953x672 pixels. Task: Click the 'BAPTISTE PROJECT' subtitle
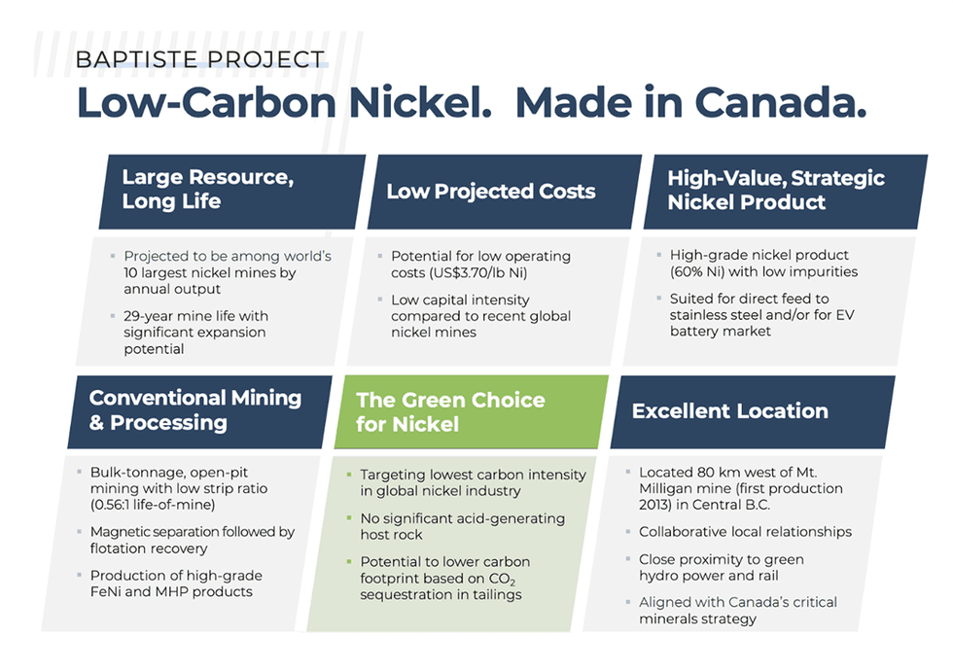tap(199, 59)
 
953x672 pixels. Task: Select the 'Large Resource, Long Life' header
tap(207, 190)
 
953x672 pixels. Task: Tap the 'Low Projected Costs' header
tap(490, 191)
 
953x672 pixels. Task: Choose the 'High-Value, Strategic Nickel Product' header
tap(775, 190)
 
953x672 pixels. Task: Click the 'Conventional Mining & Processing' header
tap(194, 409)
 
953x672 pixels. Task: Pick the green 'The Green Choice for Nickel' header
tap(449, 411)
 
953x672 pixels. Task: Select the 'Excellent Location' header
tap(729, 410)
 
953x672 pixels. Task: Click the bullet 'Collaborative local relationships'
tap(745, 532)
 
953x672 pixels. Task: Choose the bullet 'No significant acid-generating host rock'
tap(462, 526)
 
